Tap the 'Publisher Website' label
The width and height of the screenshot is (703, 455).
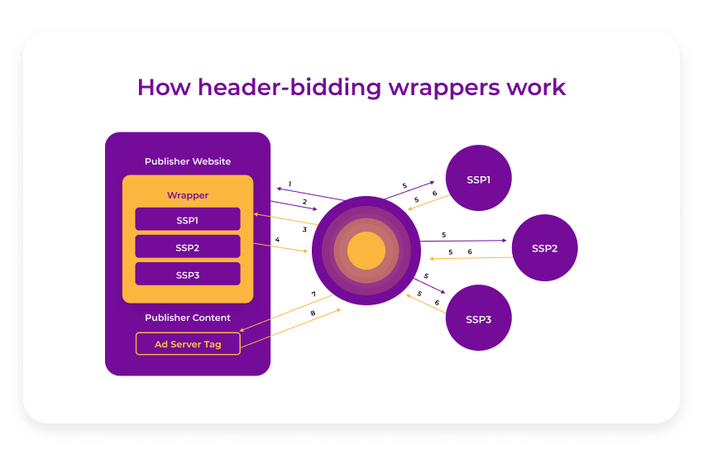pos(188,161)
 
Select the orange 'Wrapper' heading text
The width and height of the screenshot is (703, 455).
pos(188,195)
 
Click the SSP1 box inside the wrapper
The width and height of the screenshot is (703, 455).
pos(188,220)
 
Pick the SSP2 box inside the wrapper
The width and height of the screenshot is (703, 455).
pos(188,247)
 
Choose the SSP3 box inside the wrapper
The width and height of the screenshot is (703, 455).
pos(188,275)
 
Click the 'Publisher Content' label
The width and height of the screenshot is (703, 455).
pos(188,318)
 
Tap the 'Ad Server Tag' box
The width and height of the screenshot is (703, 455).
pos(188,344)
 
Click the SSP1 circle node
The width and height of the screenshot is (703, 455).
pos(478,179)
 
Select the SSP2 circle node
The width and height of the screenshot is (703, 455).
pos(544,248)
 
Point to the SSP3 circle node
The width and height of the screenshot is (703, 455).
pos(478,318)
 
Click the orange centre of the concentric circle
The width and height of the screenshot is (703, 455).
pos(366,251)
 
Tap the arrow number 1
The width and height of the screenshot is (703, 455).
pos(289,184)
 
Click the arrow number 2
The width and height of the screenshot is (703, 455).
pos(304,202)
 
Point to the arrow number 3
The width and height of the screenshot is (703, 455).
pos(304,229)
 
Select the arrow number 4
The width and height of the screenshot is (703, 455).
pos(277,240)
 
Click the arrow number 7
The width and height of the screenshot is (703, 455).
pos(313,294)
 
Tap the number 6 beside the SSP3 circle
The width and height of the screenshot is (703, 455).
pos(437,303)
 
